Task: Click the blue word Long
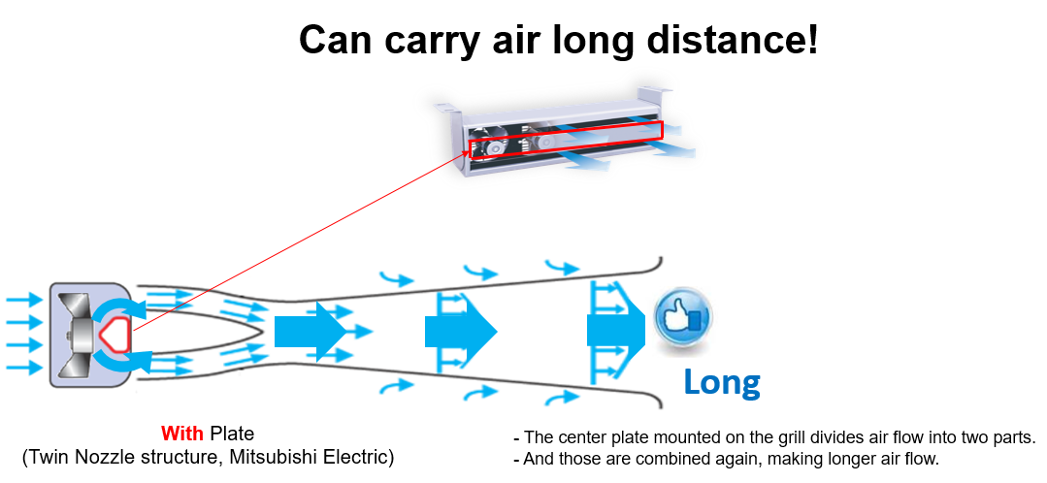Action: coord(722,383)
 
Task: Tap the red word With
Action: coord(182,434)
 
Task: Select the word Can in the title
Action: coord(341,40)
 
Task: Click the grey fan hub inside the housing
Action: coord(83,333)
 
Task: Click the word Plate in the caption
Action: coord(232,434)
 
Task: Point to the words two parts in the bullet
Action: coord(998,438)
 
